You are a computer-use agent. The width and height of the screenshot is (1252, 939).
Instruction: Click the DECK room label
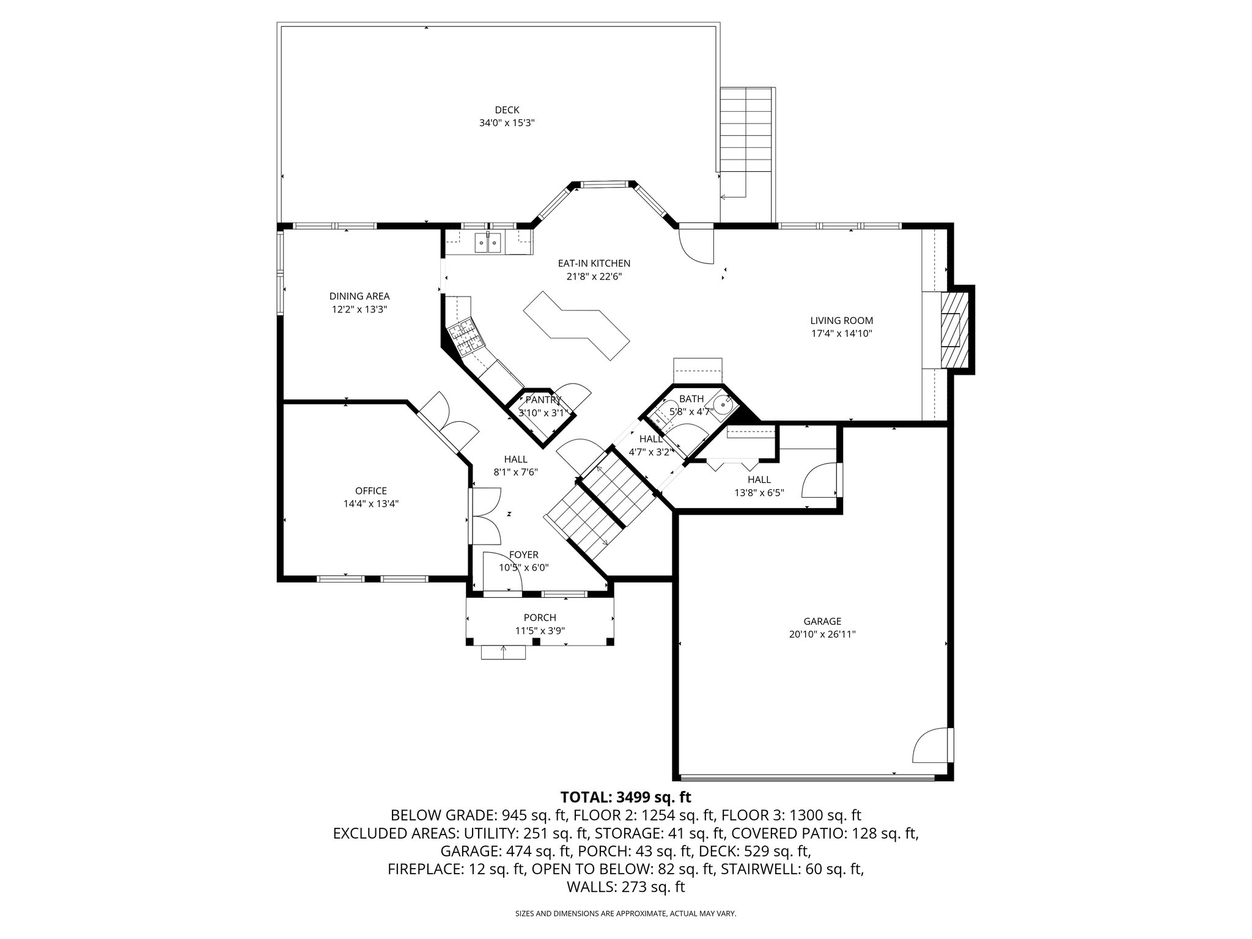507,110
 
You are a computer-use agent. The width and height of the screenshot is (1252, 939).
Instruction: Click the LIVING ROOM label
841,320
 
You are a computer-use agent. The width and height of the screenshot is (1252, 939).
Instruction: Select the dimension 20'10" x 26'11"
822,635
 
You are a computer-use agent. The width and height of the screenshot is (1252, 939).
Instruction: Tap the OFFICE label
371,491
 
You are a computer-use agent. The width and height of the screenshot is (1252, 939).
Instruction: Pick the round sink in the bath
726,404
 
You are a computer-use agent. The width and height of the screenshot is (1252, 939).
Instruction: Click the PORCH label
540,617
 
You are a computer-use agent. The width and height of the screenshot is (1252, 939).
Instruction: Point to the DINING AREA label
359,296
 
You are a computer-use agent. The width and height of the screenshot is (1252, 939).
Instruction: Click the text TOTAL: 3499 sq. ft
625,797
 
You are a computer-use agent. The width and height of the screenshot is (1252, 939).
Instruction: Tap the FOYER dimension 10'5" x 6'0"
524,567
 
